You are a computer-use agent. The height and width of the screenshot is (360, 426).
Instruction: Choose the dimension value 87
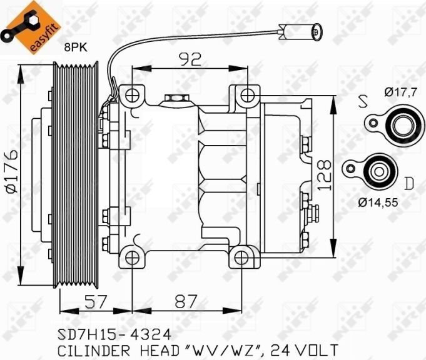187,302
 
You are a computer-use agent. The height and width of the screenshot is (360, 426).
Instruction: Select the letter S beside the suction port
362,101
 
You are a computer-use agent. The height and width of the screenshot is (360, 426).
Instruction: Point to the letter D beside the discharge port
408,183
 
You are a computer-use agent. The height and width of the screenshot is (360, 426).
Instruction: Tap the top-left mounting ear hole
132,95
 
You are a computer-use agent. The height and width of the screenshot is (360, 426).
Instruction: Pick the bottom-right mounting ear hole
243,257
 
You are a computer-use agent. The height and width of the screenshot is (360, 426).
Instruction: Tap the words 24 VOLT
306,349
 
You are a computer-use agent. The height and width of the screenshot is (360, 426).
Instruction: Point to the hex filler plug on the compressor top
172,99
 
